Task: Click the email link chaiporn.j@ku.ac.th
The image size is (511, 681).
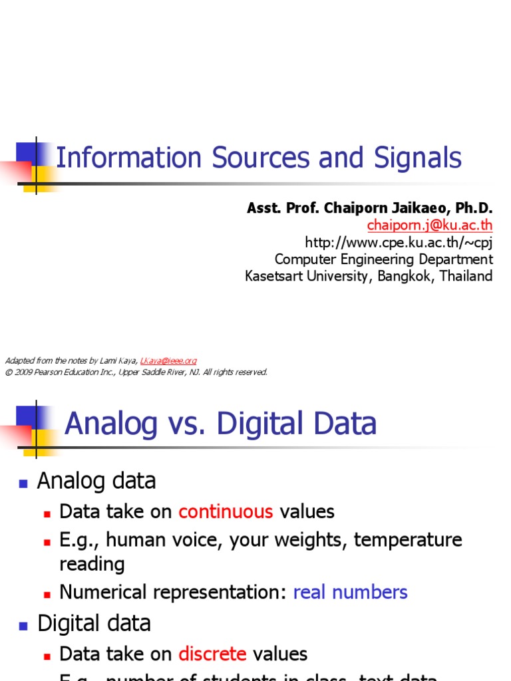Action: pos(430,225)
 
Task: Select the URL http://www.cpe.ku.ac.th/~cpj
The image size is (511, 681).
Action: pos(399,242)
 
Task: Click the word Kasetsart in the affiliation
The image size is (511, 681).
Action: pos(274,276)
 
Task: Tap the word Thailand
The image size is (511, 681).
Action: pos(465,276)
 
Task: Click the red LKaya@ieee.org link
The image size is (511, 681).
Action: pos(168,360)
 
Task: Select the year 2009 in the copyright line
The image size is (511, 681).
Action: pos(23,372)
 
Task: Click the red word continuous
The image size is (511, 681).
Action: pos(226,511)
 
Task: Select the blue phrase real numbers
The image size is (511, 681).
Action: pos(350,592)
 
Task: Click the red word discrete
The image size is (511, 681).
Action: pos(212,654)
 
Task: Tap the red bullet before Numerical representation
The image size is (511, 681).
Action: pos(47,593)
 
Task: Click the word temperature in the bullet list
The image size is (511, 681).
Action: pos(407,539)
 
